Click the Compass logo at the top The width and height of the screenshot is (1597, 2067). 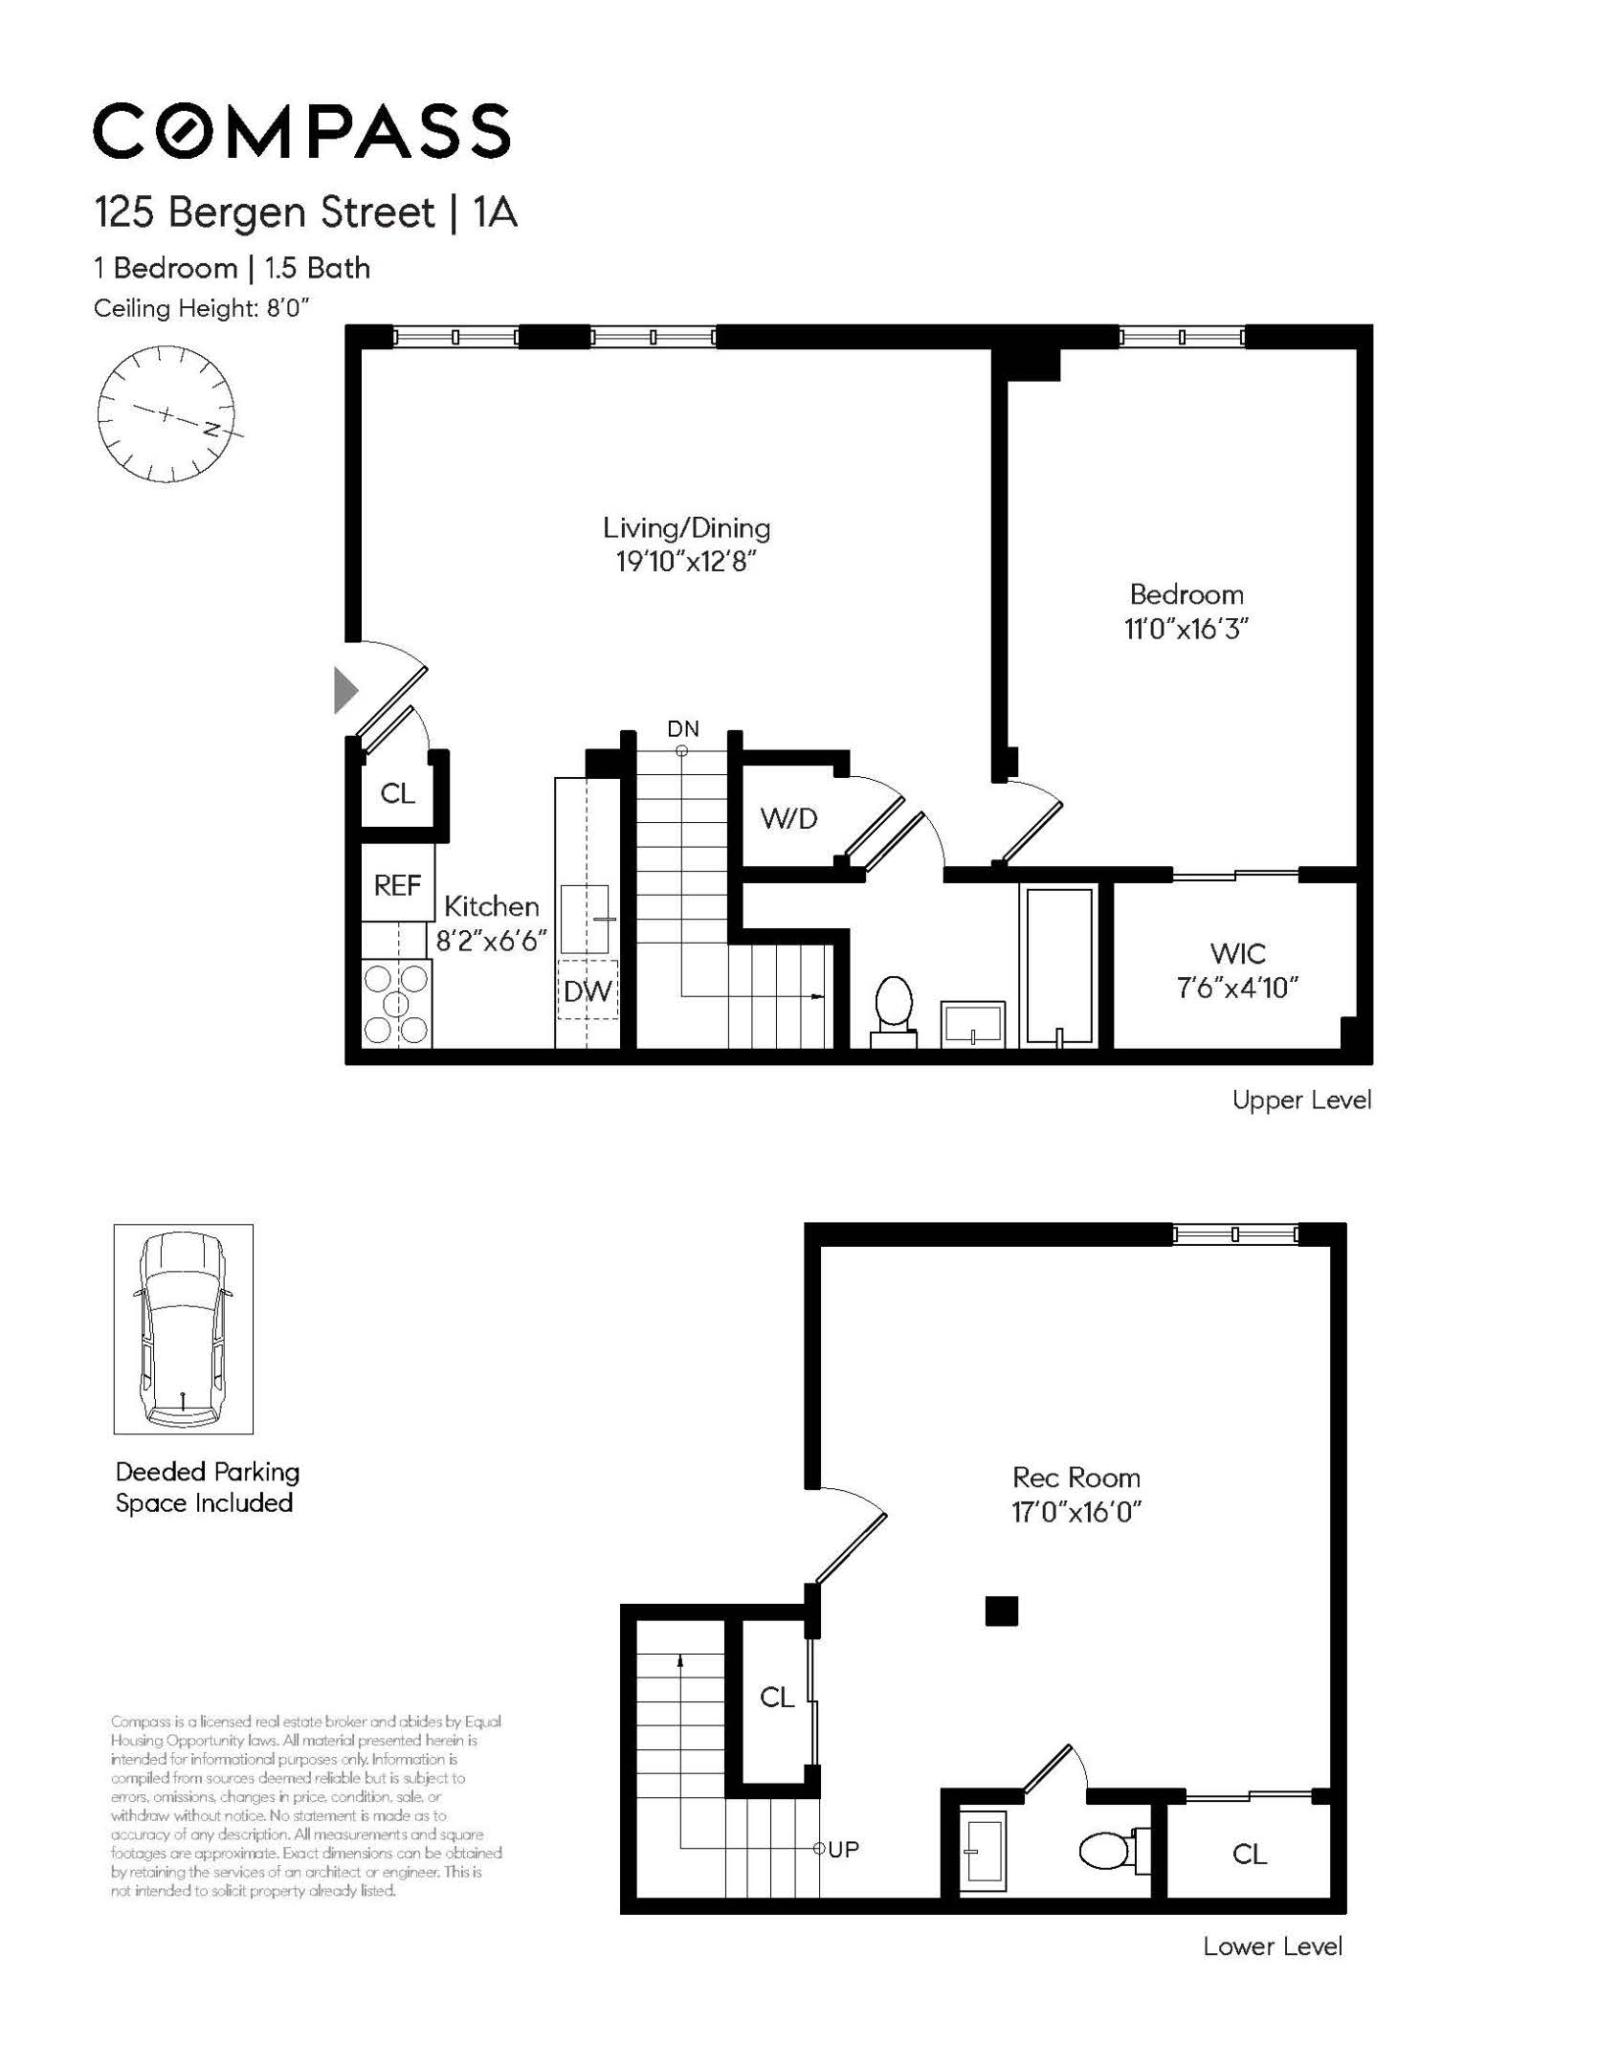tap(301, 131)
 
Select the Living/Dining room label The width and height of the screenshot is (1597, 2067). tap(686, 527)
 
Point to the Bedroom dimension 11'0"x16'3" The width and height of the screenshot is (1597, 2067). tap(1187, 629)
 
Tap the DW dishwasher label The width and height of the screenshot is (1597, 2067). tap(588, 991)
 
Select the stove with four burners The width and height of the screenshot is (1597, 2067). tap(396, 1004)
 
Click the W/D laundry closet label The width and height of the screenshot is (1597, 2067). tap(788, 818)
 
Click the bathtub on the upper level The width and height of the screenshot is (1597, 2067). tap(1058, 966)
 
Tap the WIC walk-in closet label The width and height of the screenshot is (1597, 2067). tap(1237, 953)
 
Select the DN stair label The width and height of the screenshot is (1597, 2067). tap(683, 729)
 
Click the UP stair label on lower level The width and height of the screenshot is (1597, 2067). tap(843, 1850)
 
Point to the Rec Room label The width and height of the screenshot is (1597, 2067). tap(1076, 1478)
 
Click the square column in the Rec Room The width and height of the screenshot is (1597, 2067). tap(1001, 1611)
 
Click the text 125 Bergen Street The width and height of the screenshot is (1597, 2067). tap(265, 212)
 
